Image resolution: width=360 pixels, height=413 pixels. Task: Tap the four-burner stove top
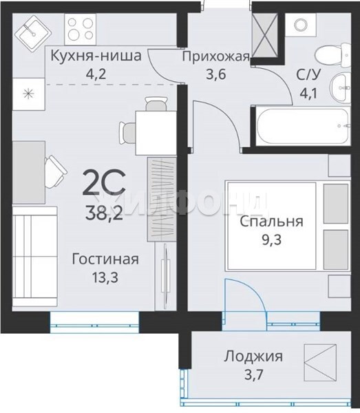(81, 29)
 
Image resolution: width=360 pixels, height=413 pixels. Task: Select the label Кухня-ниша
(96, 56)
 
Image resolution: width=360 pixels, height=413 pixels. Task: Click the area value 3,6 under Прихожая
(216, 74)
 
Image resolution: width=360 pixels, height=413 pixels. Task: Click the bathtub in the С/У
(304, 126)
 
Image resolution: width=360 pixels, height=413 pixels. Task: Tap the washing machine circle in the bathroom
(301, 25)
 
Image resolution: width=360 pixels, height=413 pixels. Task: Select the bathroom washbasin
(340, 87)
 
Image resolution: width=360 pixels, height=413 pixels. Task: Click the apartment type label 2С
(104, 183)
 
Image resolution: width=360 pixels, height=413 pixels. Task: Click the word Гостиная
(105, 260)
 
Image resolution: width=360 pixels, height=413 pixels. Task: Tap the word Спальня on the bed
(271, 222)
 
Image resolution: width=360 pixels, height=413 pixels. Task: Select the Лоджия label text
(253, 357)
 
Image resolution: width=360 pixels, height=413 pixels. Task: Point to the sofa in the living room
(35, 256)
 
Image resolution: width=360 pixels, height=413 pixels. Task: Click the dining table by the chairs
(156, 133)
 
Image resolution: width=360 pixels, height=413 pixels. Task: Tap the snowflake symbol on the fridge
(28, 94)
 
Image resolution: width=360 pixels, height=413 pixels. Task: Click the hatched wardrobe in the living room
(162, 199)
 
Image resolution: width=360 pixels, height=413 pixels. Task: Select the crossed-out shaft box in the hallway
(265, 36)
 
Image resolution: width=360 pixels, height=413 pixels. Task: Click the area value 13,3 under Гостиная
(105, 277)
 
